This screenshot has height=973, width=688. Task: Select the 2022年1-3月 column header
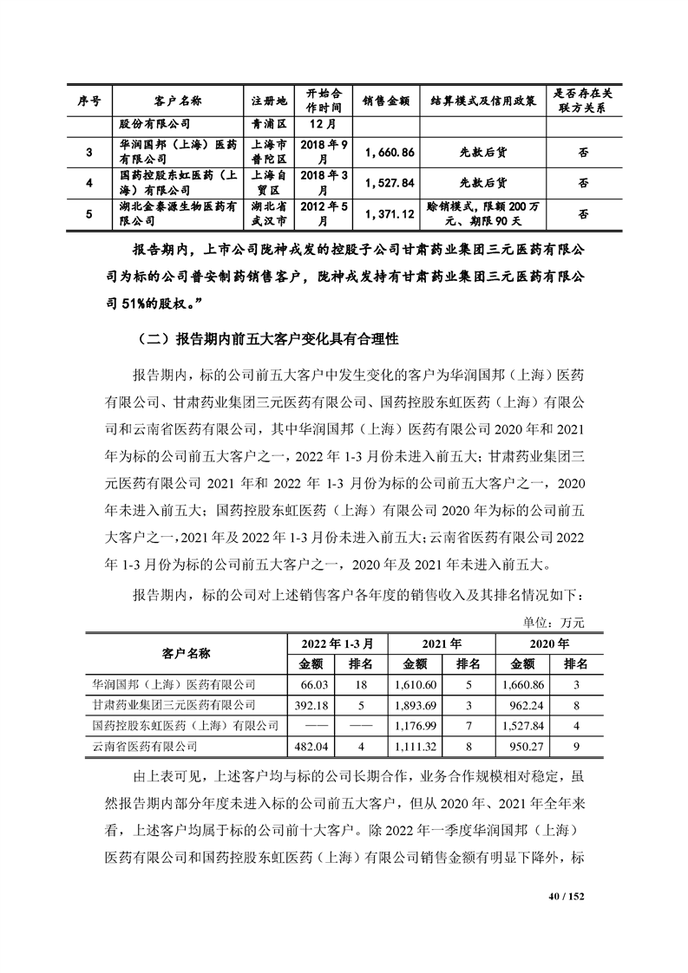[337, 643]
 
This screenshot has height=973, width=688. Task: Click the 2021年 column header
[442, 643]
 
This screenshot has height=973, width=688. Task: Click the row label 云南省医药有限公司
[144, 745]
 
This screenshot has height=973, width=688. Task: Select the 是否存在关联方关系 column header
[583, 100]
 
